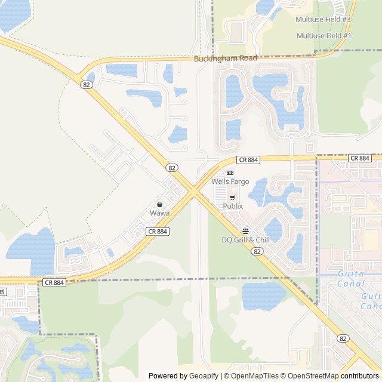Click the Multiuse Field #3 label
(324, 20)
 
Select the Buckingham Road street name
(226, 58)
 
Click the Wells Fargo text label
(230, 181)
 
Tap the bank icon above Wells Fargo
(230, 172)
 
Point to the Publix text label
(233, 206)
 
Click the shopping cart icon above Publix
(232, 198)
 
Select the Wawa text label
(159, 213)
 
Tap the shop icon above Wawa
(159, 205)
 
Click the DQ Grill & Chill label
(245, 240)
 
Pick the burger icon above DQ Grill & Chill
(245, 232)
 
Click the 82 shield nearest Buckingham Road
(87, 85)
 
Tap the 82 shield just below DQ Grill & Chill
(257, 251)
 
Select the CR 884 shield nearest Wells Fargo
(248, 159)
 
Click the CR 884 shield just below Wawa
(157, 231)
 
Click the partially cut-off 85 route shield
(2, 292)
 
